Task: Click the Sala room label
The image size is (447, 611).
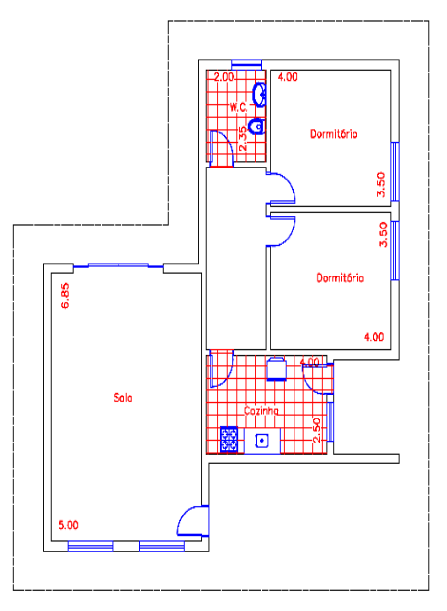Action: click(x=123, y=398)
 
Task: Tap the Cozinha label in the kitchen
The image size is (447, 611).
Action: click(x=261, y=411)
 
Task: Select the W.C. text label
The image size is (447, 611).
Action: click(x=239, y=108)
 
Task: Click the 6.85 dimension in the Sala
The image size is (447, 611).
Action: click(x=65, y=296)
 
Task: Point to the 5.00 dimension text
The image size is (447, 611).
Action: click(x=69, y=525)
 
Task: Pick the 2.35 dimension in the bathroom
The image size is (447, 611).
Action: click(x=243, y=139)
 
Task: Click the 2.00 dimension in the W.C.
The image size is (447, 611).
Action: click(x=224, y=77)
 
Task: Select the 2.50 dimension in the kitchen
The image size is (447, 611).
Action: click(x=316, y=431)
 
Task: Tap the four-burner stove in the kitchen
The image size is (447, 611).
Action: click(x=229, y=439)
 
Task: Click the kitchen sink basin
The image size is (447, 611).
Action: click(x=262, y=441)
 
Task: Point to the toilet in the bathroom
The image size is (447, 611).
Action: click(x=257, y=126)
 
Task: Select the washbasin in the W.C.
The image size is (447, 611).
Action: click(x=259, y=95)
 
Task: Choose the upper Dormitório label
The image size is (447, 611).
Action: click(x=334, y=134)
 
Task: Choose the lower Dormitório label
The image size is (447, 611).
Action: click(x=340, y=278)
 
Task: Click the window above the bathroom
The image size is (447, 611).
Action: click(x=247, y=65)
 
